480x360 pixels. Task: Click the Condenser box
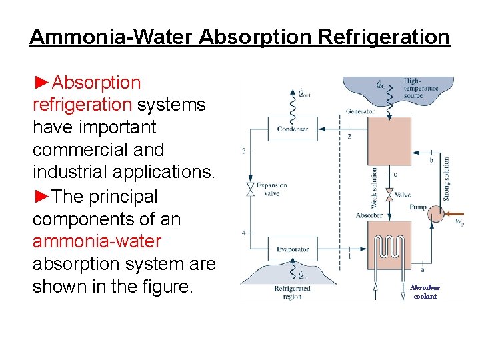click(292, 129)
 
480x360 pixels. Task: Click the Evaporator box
click(292, 249)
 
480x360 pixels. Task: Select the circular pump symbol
click(435, 213)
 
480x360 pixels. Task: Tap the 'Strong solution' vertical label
click(446, 179)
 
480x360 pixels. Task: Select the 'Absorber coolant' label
click(425, 292)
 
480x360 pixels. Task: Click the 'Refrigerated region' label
click(292, 292)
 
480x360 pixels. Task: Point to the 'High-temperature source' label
click(413, 89)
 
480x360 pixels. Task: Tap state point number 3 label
click(243, 151)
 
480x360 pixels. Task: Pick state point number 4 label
click(243, 232)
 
